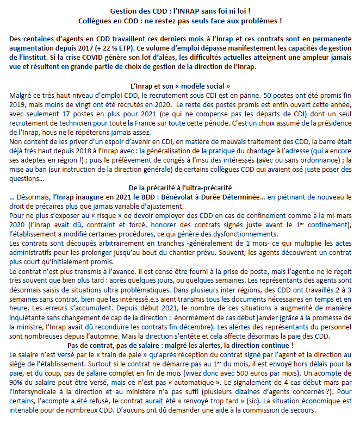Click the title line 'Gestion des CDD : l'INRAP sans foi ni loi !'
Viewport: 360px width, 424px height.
180,11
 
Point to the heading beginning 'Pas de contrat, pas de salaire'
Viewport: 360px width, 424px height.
180,345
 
